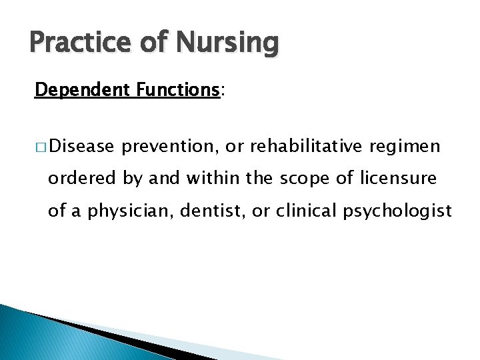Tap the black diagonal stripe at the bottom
pos(120,340)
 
